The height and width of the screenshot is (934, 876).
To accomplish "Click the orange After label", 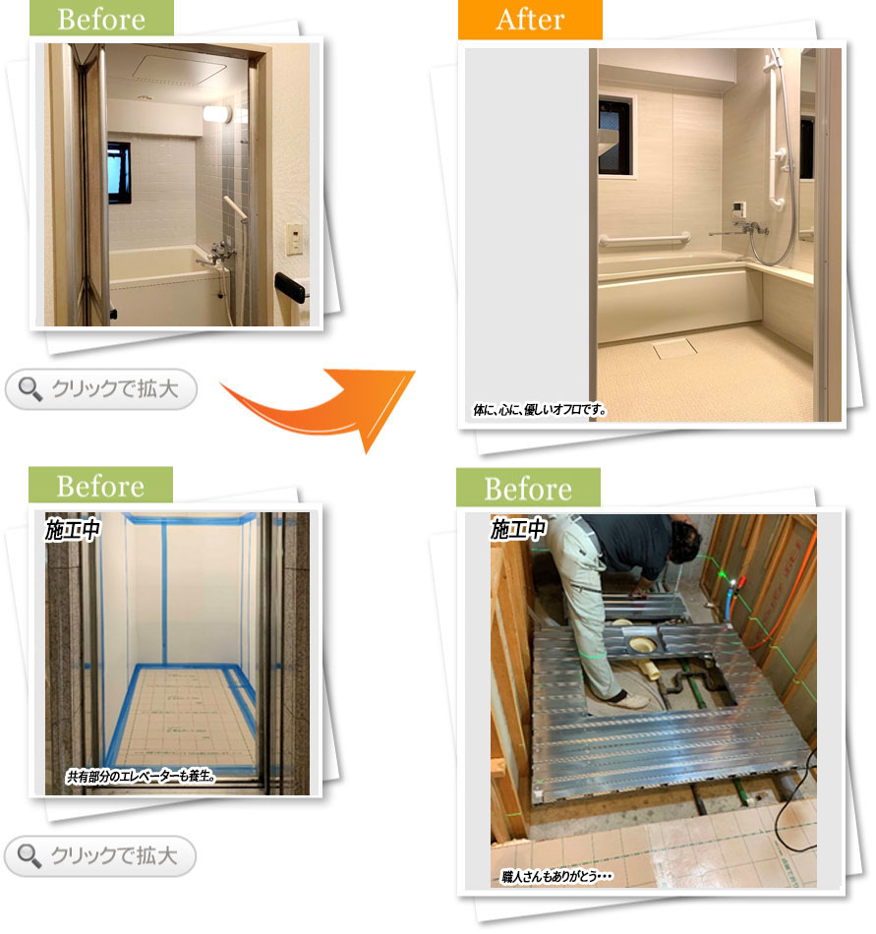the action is click(x=530, y=20).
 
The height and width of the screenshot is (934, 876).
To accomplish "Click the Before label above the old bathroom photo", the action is click(x=101, y=18).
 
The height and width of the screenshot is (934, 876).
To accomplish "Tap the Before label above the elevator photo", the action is click(x=100, y=486).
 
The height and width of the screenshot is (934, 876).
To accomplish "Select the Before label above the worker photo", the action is click(x=528, y=488).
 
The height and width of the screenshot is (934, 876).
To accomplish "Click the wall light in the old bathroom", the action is click(x=216, y=114).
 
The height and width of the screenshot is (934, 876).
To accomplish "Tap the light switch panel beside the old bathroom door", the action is click(x=294, y=239).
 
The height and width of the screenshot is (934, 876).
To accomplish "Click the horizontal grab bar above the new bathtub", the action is click(x=644, y=240).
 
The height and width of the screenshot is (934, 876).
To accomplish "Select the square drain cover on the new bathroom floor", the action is click(x=674, y=348).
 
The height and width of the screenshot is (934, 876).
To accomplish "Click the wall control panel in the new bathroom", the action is click(x=737, y=210).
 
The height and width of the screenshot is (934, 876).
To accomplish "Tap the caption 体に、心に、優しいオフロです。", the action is click(x=540, y=410).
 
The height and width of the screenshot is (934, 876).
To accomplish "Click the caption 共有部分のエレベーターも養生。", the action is click(x=142, y=776).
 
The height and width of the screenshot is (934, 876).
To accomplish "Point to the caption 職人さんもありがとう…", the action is click(x=557, y=876).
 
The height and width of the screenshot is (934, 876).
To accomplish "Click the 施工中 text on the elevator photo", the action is click(x=73, y=530).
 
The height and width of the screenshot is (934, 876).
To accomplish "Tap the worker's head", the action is click(x=686, y=539).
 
